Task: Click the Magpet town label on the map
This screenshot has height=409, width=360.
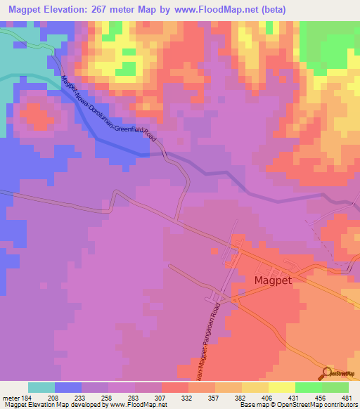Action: tap(274, 280)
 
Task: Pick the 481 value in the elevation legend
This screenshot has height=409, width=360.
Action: tap(347, 397)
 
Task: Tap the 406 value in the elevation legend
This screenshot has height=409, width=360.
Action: tap(268, 397)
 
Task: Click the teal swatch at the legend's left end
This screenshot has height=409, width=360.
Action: tap(41, 387)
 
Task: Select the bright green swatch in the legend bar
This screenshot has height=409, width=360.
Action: tap(308, 387)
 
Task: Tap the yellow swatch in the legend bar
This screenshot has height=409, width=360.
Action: tap(281, 387)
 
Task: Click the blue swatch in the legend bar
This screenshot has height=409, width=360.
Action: tap(68, 387)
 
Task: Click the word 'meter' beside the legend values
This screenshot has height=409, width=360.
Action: tap(9, 397)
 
